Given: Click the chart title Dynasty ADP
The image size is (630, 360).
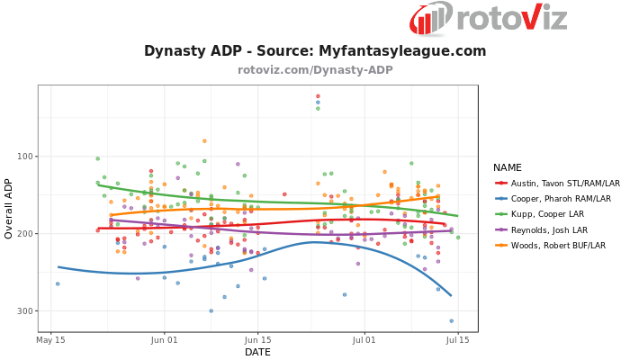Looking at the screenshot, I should click(x=315, y=51).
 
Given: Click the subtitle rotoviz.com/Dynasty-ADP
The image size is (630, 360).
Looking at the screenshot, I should click(x=315, y=70).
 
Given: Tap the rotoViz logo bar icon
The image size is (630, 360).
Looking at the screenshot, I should click(x=431, y=18).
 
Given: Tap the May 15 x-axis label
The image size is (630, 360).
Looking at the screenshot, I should click(x=50, y=340).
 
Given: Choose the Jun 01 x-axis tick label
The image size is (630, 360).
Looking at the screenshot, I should click(x=164, y=340).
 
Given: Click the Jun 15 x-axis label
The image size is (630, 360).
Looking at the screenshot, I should click(x=257, y=340).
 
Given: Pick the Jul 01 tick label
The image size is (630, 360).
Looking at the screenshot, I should click(x=364, y=340).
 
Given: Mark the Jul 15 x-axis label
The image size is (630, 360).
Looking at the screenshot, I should click(x=457, y=340).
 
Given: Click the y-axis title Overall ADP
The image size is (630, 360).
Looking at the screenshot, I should click(x=9, y=208).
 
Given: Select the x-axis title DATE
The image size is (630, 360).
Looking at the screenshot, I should click(x=257, y=352).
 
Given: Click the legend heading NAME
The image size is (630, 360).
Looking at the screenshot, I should click(x=508, y=167).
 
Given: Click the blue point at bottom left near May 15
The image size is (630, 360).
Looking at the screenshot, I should click(x=58, y=284).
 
